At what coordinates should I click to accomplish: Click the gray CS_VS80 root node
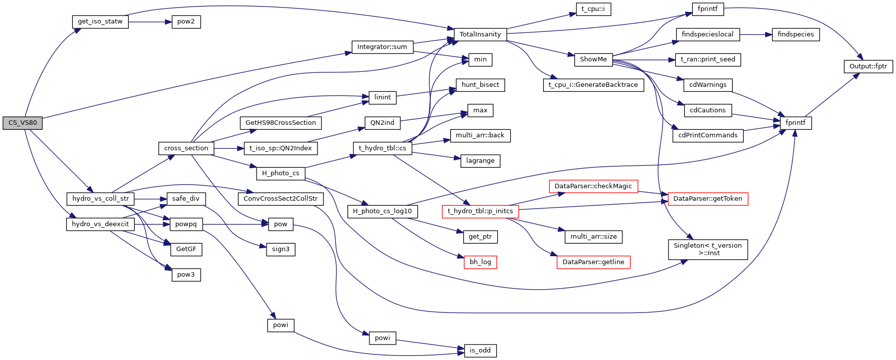(22, 123)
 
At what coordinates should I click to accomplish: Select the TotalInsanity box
(480, 34)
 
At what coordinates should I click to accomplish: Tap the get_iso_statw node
(100, 22)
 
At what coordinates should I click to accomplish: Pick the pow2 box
(186, 22)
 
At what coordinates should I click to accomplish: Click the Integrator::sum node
(382, 47)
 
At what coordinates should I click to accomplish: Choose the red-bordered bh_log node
(480, 262)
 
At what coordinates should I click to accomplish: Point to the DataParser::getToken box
(707, 199)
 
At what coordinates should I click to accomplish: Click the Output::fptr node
(868, 66)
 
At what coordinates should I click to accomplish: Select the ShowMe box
(593, 59)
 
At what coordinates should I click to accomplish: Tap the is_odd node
(480, 351)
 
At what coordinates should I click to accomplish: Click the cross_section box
(186, 148)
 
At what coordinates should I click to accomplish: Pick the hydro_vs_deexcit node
(100, 224)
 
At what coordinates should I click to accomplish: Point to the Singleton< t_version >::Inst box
(707, 249)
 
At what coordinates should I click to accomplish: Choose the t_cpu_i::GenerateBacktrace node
(593, 85)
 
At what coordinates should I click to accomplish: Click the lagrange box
(480, 161)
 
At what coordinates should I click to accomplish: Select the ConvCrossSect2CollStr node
(281, 199)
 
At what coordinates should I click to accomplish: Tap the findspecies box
(796, 34)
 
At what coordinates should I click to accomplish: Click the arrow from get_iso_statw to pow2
(150, 22)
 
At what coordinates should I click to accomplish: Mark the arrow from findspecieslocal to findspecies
(756, 34)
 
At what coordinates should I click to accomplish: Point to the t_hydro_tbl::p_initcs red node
(480, 211)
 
